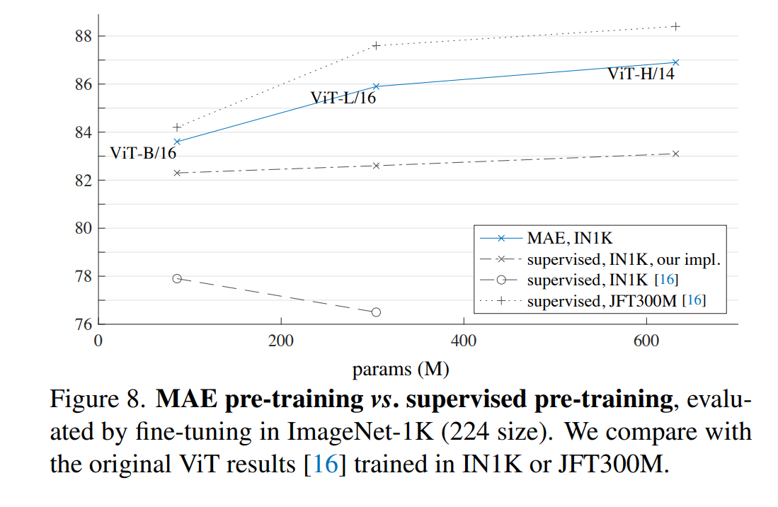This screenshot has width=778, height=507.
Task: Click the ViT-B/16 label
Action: pos(142,153)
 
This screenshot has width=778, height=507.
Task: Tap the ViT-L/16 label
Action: pos(343,98)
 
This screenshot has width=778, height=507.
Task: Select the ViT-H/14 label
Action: pos(641,74)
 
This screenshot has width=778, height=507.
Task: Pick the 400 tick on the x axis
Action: pos(464,341)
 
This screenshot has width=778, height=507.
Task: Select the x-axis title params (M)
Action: pos(401,369)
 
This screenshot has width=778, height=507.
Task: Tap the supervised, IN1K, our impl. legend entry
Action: pos(624,259)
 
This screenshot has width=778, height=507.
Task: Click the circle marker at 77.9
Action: pos(177,279)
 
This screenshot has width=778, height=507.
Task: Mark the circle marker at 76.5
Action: pos(376,312)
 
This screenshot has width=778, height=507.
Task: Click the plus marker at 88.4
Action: pos(675,26)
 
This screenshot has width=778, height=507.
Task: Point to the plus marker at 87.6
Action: pos(376,45)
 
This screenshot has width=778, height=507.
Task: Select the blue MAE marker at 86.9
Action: pos(675,62)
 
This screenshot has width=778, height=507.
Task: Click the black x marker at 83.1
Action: pos(675,154)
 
